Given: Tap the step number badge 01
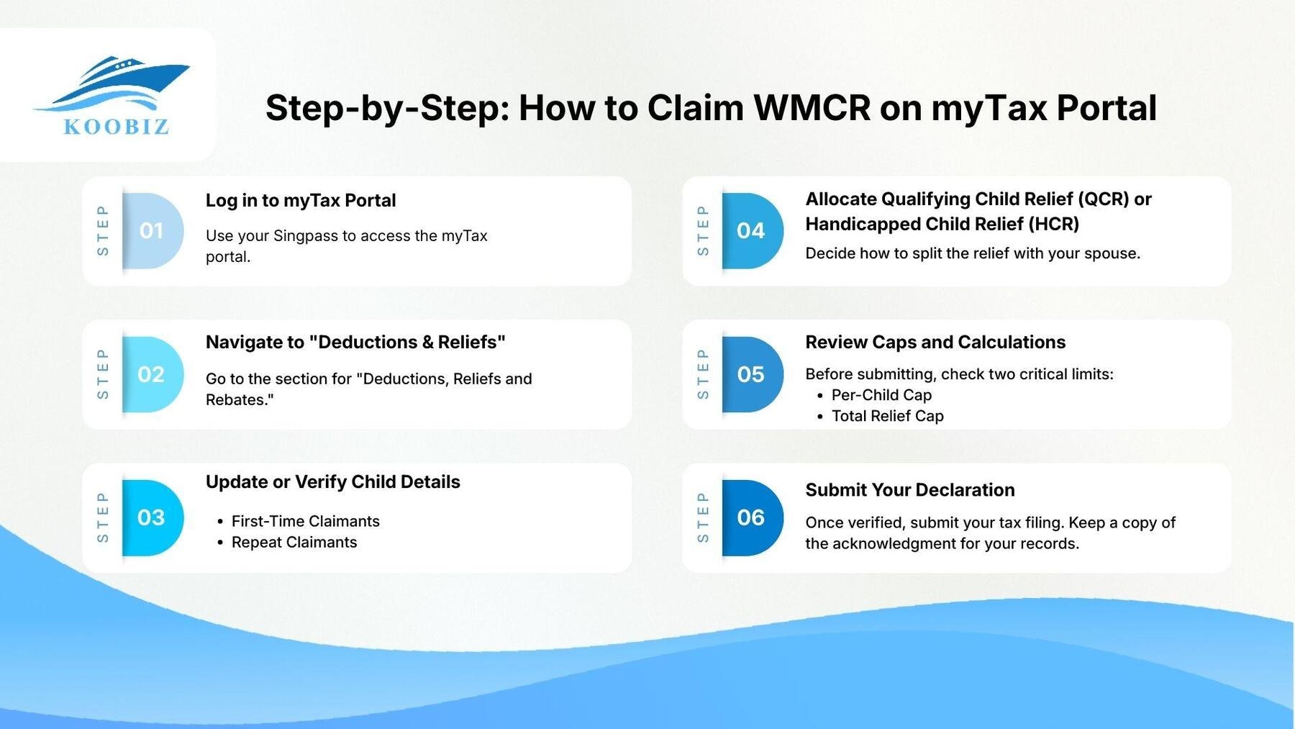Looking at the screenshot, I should (x=151, y=231).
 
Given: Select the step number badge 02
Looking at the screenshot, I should (x=151, y=374).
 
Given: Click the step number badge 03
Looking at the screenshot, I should (x=151, y=517).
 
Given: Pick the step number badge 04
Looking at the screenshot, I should (x=750, y=231).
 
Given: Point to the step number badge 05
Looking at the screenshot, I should (x=750, y=374).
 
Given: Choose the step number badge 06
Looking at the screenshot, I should (x=750, y=517).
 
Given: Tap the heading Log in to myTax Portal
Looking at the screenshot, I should (x=301, y=200).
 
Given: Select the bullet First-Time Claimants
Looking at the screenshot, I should (x=305, y=521).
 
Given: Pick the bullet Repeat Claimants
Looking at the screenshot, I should (x=294, y=542).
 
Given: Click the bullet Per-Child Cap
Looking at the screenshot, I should (x=881, y=395).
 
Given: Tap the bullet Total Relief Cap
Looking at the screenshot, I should (x=887, y=416).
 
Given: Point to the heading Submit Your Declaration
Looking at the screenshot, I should (x=909, y=490).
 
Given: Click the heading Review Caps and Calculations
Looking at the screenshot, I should (x=935, y=342).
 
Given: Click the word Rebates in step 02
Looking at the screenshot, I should (x=237, y=400).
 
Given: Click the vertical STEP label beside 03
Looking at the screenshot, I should (x=103, y=517).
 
